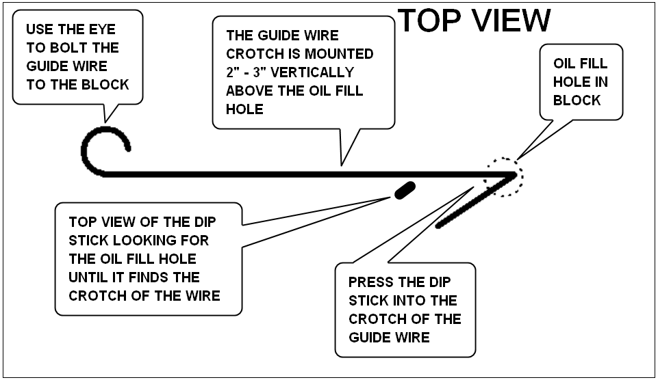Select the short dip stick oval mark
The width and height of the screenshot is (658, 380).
click(405, 190)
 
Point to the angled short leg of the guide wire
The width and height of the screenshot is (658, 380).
click(477, 201)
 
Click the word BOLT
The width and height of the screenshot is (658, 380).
click(69, 48)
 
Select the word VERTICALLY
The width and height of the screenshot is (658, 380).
click(312, 72)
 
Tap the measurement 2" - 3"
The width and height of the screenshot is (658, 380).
click(246, 72)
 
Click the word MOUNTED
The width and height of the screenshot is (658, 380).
click(339, 53)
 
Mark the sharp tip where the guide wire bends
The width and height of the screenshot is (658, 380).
click(517, 174)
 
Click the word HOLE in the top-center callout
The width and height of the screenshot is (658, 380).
click(244, 109)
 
